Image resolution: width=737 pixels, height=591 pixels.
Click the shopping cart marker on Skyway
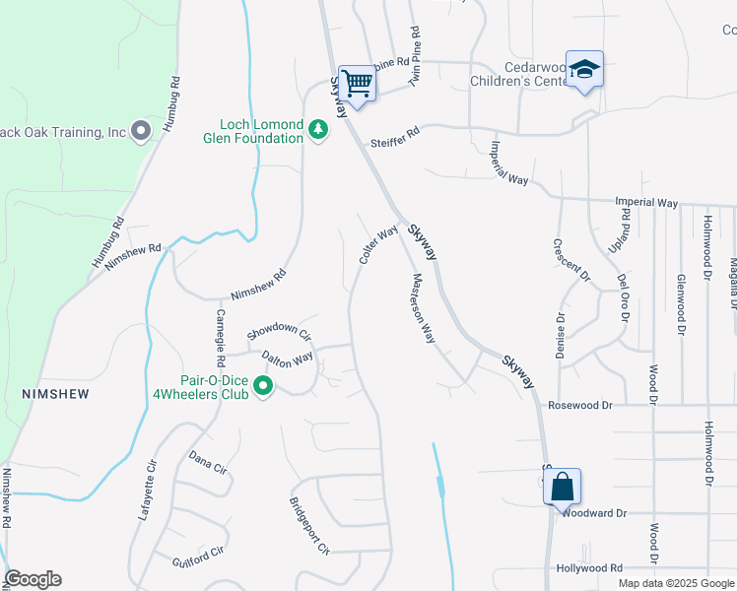pos(356,83)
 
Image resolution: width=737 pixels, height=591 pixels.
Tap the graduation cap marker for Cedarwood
pos(584,70)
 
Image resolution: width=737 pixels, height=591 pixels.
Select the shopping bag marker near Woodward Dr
pos(562,487)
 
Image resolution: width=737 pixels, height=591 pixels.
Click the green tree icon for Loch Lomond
pos(317,129)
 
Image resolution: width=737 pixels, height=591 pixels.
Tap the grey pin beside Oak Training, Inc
pos(140,130)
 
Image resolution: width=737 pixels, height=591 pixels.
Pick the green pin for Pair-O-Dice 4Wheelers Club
pos(262,387)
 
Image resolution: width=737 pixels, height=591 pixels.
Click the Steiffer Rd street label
pos(395,143)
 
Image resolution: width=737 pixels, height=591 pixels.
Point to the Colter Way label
pos(378,244)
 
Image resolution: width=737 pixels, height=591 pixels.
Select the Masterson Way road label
pos(424,307)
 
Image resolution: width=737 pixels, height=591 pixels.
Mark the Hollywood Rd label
pos(589,568)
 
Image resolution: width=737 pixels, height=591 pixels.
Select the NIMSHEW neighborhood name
pos(55,394)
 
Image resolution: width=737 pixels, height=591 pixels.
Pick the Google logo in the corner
pos(33,579)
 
